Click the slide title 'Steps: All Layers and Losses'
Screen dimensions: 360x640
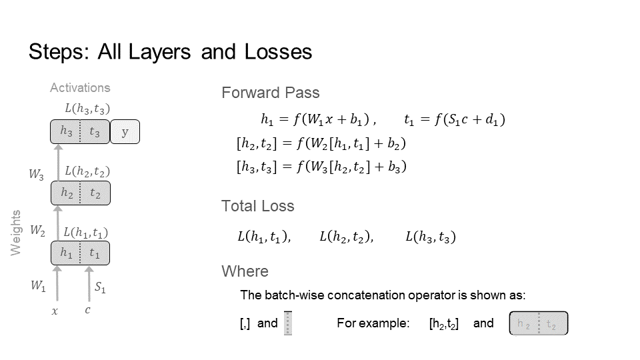170,52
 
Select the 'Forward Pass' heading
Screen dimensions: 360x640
270,93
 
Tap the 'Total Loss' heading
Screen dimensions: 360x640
257,206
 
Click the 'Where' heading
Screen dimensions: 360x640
245,271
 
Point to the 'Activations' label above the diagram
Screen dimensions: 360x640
80,87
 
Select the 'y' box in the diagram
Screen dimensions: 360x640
125,132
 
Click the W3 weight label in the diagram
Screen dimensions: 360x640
36,175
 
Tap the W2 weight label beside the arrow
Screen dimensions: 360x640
37,231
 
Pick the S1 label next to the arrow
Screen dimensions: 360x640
100,288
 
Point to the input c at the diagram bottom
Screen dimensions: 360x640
87,311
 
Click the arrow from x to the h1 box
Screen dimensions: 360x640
57,283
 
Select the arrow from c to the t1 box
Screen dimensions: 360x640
89,283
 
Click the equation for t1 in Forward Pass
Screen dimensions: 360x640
454,120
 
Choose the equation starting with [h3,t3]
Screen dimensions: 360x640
321,166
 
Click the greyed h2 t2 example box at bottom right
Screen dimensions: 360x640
538,325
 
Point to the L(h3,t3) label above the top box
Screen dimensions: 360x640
87,109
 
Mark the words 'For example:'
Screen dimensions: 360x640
373,324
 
